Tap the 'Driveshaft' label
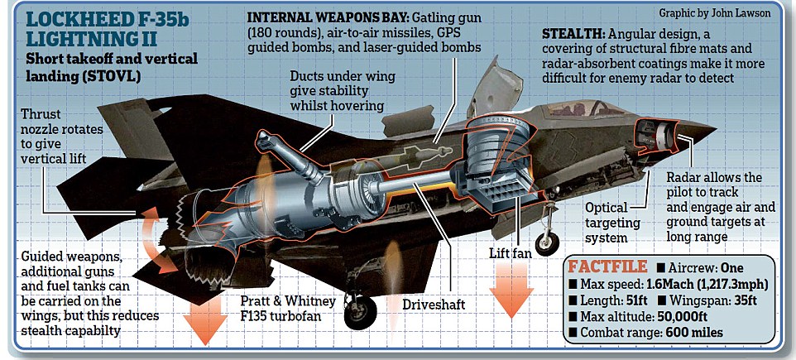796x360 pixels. [x=434, y=305]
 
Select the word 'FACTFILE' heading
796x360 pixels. [x=606, y=267]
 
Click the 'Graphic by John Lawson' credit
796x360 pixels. [x=726, y=14]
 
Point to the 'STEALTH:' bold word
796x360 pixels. [x=573, y=36]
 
